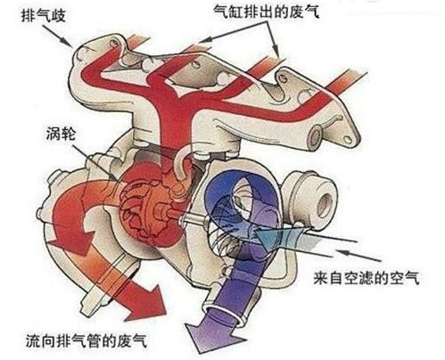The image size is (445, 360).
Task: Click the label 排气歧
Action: pos(44,15)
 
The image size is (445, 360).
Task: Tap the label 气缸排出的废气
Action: pos(266,12)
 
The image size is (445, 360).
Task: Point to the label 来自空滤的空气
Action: pos(367,278)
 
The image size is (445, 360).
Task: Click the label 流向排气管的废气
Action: pos(87,340)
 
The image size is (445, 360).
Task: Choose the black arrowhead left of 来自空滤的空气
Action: pos(342,253)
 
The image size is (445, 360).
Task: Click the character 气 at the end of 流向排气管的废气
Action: pos(140,340)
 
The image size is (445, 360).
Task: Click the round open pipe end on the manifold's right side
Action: pos(316,135)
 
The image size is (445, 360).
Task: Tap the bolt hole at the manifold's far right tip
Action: pos(347,139)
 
